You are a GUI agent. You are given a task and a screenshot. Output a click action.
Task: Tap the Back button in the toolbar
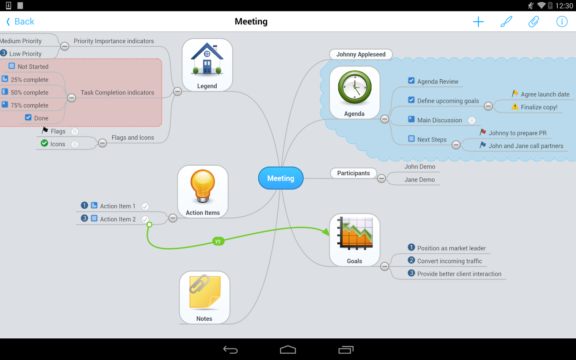point(20,22)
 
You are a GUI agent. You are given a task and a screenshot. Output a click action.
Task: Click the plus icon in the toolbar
point(478,22)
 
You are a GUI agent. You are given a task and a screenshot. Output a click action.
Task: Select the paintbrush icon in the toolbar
point(506,22)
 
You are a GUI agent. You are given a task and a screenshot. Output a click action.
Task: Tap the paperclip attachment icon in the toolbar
point(534,22)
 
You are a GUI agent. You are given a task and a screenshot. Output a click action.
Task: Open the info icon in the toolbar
point(562,22)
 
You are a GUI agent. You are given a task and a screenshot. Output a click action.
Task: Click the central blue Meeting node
point(280,178)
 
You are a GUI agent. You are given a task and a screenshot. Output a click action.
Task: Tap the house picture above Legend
point(207,59)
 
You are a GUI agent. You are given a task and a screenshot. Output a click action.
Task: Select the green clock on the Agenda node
point(354,88)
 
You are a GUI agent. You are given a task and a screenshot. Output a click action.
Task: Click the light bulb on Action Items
point(203,186)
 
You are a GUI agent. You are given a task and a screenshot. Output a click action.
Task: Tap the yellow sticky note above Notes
point(205,291)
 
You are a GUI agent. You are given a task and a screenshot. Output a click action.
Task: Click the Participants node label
point(354,173)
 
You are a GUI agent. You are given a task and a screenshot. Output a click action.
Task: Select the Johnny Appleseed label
point(361,54)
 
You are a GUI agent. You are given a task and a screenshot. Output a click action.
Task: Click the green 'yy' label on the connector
point(218,241)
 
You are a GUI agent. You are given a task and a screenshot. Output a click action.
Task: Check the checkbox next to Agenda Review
point(411,81)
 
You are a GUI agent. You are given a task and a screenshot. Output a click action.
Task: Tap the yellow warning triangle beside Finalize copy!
point(515,106)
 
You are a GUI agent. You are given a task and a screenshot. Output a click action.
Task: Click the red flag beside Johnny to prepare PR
point(483,132)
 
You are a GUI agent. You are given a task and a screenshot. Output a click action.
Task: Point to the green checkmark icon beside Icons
point(44,143)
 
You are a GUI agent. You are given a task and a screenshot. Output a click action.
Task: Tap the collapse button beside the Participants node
point(381,178)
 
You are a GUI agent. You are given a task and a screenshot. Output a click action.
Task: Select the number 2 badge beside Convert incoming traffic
point(411,260)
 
